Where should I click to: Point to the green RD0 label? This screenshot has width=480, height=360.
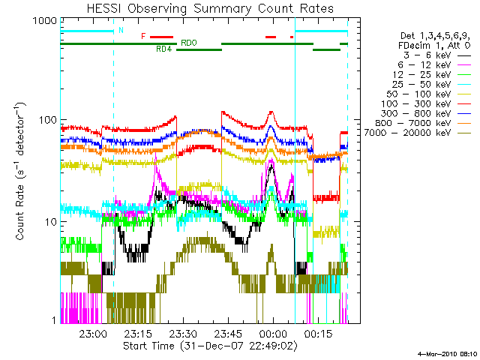coord(189,43)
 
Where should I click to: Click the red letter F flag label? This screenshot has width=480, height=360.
coord(143,36)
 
